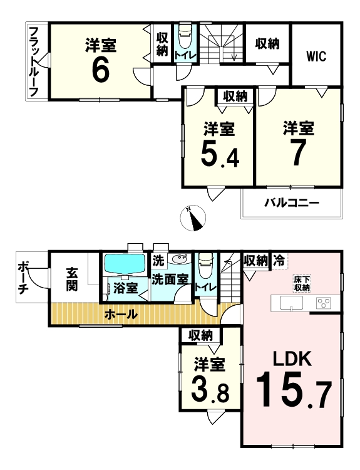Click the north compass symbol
[x=193, y=218]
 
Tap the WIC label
[x=316, y=56]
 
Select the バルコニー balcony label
[x=291, y=203]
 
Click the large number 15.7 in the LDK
[x=294, y=389]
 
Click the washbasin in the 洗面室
[x=181, y=258]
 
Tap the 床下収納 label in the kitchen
[x=302, y=284]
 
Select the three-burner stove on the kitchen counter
[x=324, y=302]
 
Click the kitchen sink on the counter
[x=291, y=303]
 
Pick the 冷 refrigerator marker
[x=279, y=261]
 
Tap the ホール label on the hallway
[x=121, y=315]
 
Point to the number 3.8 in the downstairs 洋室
[x=210, y=390]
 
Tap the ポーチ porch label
[x=23, y=277]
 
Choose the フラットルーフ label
[x=34, y=62]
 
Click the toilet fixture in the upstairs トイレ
[x=185, y=36]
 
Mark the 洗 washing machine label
[x=158, y=261]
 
